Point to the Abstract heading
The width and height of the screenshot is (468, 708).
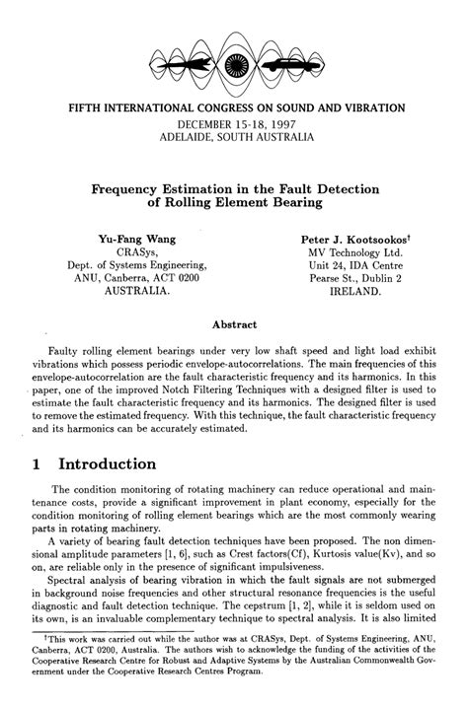(x=235, y=323)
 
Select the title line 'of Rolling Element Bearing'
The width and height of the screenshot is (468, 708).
(x=235, y=202)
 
